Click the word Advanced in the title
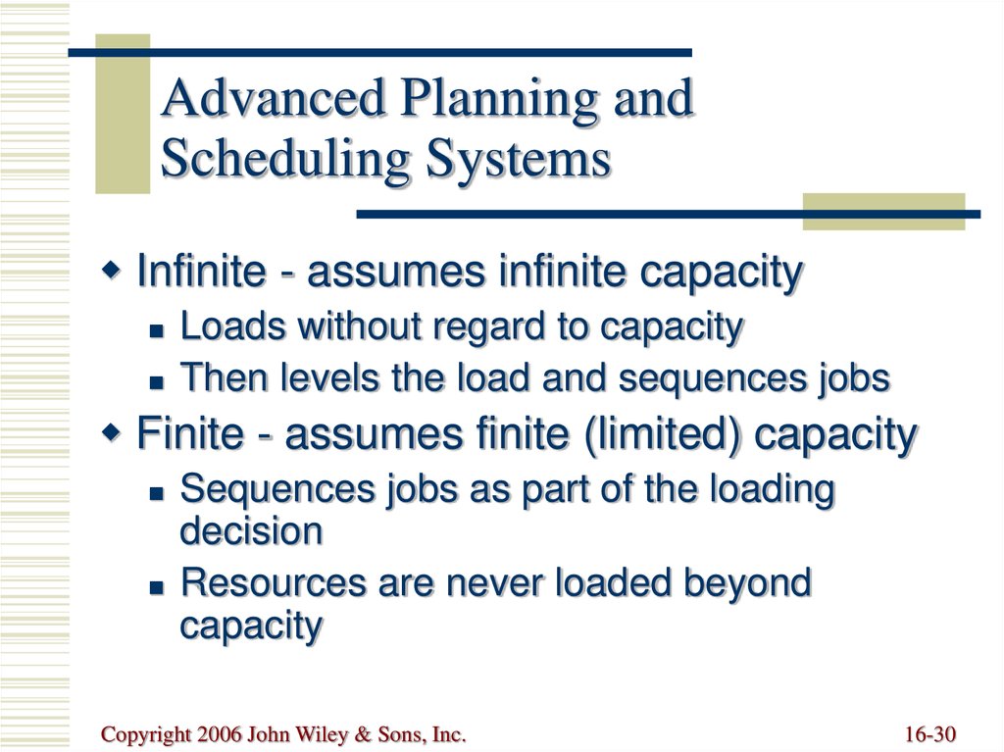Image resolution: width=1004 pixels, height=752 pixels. pyautogui.click(x=273, y=98)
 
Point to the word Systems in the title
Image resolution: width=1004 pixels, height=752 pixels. pyautogui.click(x=519, y=159)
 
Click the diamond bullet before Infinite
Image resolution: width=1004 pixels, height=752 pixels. pyautogui.click(x=112, y=271)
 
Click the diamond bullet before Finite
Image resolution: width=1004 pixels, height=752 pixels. pyautogui.click(x=112, y=432)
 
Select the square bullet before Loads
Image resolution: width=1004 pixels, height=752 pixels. pyautogui.click(x=157, y=330)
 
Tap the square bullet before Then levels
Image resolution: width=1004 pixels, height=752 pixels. pyautogui.click(x=157, y=382)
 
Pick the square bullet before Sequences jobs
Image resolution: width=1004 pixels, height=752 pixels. pyautogui.click(x=157, y=493)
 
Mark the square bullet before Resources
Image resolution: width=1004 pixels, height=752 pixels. pyautogui.click(x=157, y=586)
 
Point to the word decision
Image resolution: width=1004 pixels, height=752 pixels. pyautogui.click(x=251, y=531)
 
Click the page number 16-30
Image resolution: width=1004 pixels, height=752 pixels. pyautogui.click(x=930, y=734)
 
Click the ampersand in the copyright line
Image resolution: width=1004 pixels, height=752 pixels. pyautogui.click(x=363, y=734)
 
